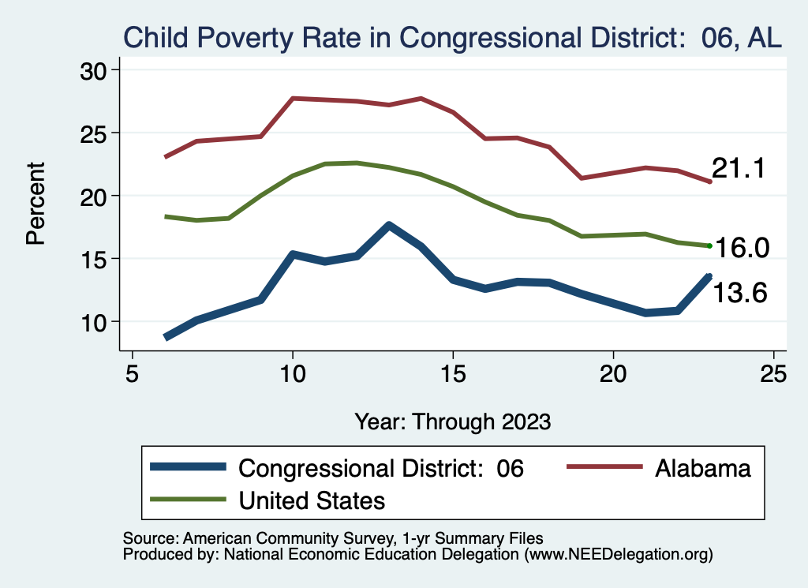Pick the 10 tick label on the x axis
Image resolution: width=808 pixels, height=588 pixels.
click(x=293, y=373)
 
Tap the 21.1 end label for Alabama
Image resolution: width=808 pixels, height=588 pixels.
click(x=739, y=168)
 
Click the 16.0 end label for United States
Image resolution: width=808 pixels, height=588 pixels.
click(x=742, y=248)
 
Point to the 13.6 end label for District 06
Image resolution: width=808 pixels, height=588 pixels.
click(x=741, y=293)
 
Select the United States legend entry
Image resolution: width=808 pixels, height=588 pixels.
click(x=312, y=500)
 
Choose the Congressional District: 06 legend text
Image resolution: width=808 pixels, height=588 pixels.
click(x=381, y=469)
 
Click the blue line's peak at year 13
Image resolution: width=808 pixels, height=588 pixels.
click(x=389, y=226)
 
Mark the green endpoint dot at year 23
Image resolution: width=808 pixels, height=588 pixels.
click(x=710, y=245)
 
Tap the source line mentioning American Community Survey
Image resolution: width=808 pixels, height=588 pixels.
click(x=333, y=539)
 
